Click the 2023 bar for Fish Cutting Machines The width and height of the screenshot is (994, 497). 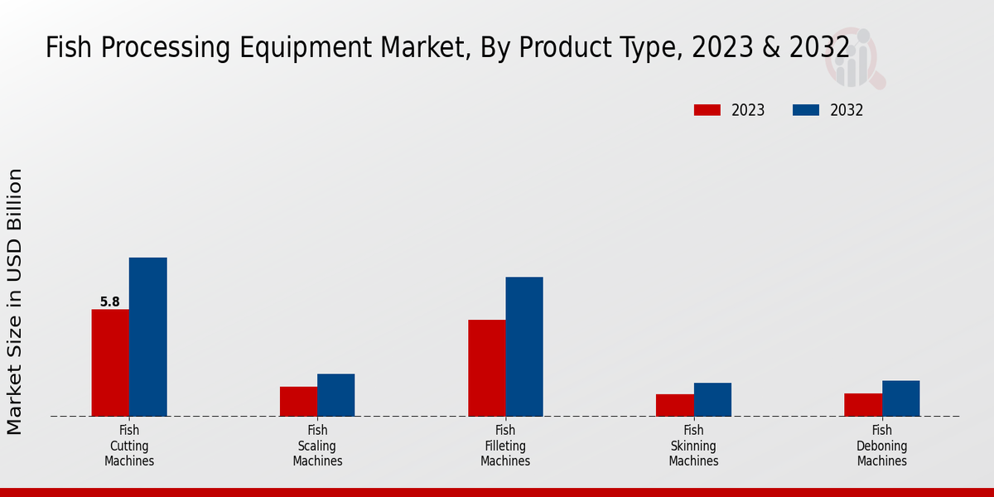point(110,363)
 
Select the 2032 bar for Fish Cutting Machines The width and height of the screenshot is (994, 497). point(147,337)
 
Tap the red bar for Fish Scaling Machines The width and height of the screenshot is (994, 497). point(298,401)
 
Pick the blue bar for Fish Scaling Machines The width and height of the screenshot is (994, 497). point(335,395)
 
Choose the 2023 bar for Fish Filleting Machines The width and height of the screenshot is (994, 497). point(486,368)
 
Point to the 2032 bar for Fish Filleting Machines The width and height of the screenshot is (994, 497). point(524,346)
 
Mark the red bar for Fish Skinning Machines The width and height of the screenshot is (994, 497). point(674,405)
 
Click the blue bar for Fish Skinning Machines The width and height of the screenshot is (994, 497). point(712,399)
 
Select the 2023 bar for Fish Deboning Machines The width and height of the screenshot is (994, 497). point(863,404)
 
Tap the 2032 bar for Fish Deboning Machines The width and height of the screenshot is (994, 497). point(900,398)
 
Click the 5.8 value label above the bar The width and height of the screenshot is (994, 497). point(110,302)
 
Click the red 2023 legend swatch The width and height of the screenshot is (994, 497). point(707,110)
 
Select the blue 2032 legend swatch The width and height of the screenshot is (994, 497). point(806,110)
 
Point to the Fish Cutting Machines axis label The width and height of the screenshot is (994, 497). point(129,446)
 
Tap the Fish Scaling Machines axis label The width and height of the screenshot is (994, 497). point(317,446)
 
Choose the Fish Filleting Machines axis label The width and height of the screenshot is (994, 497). point(505,446)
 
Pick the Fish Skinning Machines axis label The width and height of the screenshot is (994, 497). point(693,446)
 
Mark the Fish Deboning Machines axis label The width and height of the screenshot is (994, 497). point(882,446)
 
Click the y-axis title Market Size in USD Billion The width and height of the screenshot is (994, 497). point(15,302)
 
